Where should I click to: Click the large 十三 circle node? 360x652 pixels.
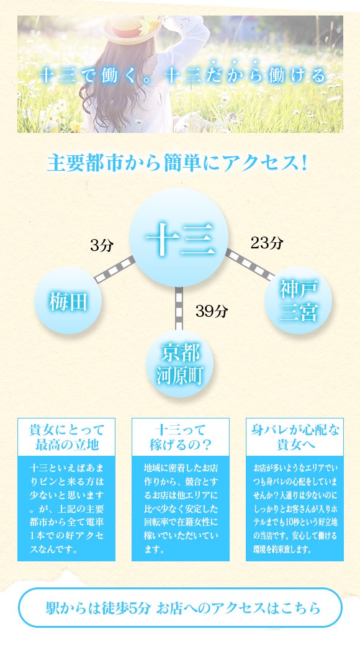[x=179, y=237]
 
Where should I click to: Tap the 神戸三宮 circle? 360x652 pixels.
[x=298, y=300]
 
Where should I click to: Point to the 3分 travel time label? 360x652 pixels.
[x=102, y=246]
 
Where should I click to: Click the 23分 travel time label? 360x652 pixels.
[x=267, y=242]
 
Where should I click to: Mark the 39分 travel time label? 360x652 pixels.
[x=212, y=310]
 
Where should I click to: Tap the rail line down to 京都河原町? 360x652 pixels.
[x=179, y=309]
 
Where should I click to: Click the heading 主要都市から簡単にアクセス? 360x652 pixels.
[x=178, y=163]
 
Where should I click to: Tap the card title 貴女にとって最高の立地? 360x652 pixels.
[x=66, y=437]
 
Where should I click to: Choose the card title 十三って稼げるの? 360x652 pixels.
[x=181, y=437]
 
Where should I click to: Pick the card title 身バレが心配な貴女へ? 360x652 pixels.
[x=295, y=437]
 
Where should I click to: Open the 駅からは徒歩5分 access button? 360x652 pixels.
[x=181, y=607]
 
